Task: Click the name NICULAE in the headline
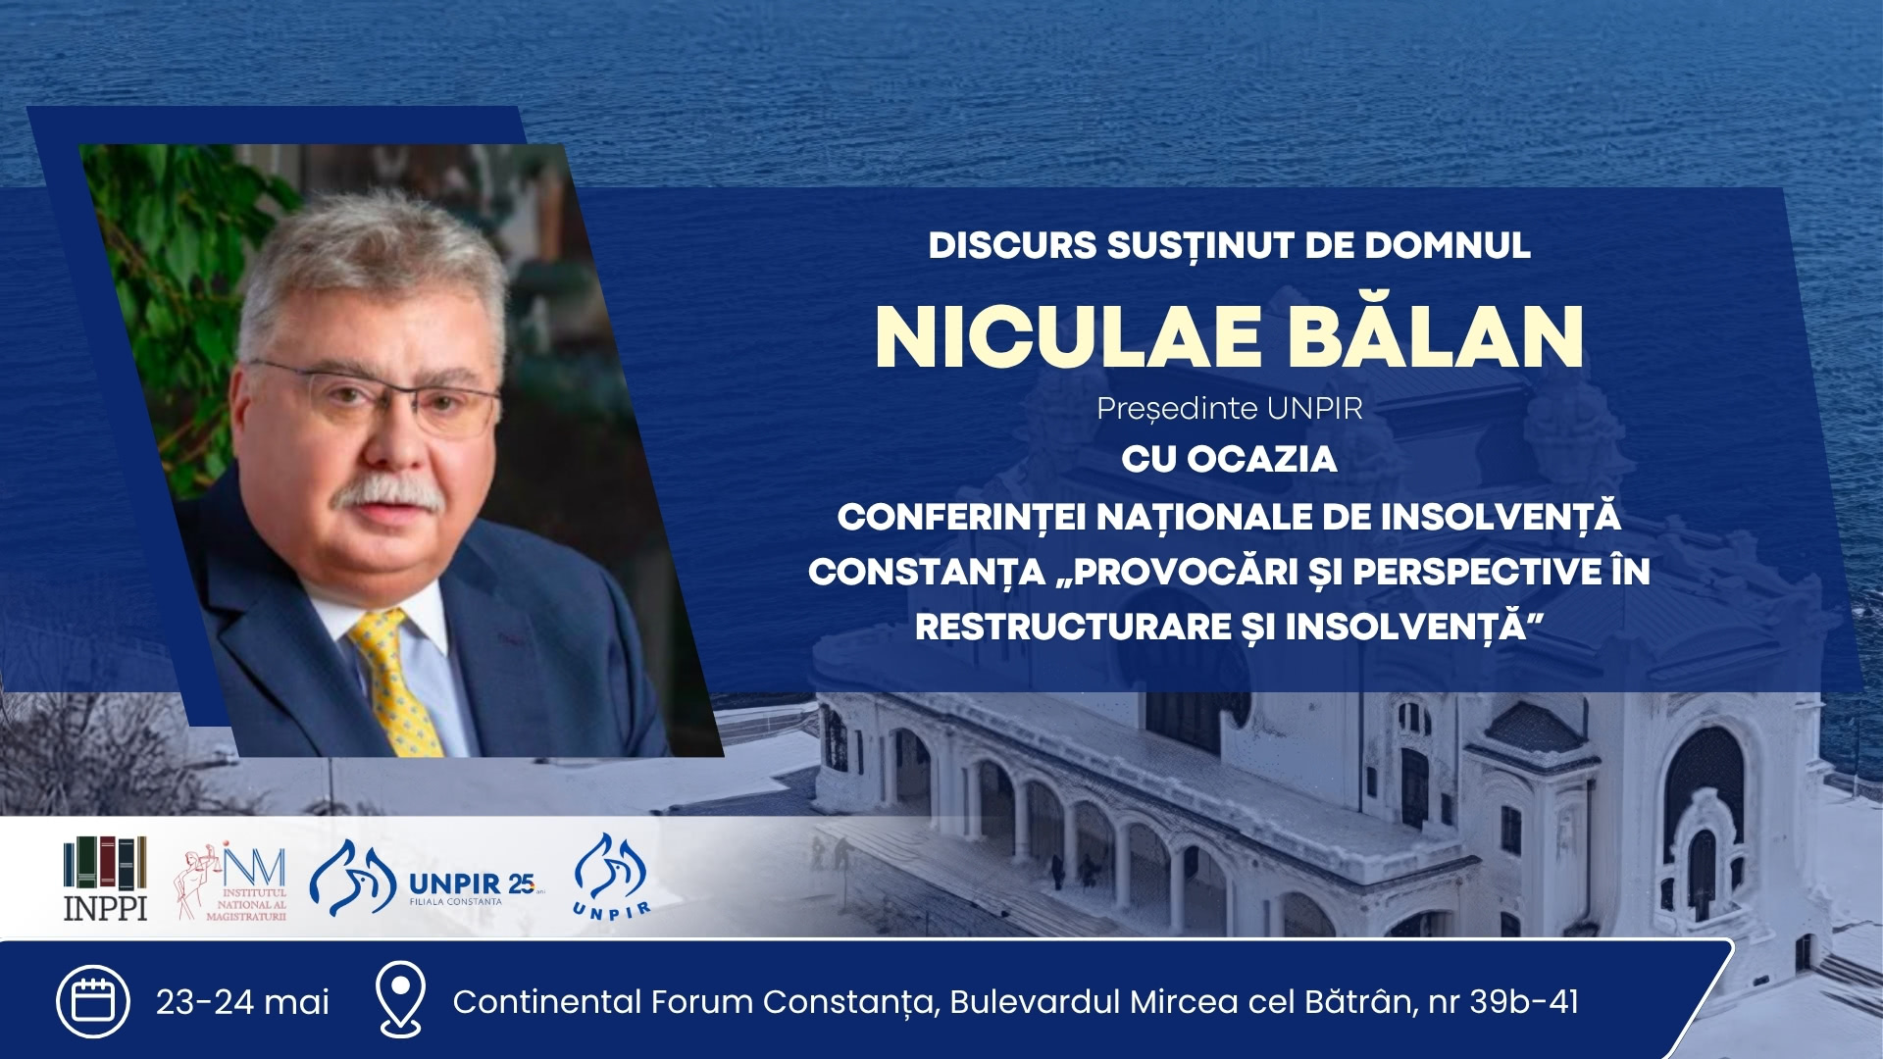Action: (1068, 337)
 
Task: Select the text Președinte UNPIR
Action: (1230, 409)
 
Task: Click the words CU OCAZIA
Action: (1229, 459)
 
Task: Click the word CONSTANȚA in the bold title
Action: (927, 573)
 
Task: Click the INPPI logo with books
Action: (105, 879)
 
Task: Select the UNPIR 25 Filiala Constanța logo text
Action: (475, 886)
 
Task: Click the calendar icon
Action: (93, 1001)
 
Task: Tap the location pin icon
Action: (401, 999)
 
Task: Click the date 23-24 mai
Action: (242, 1002)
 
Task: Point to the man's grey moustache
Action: (386, 493)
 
